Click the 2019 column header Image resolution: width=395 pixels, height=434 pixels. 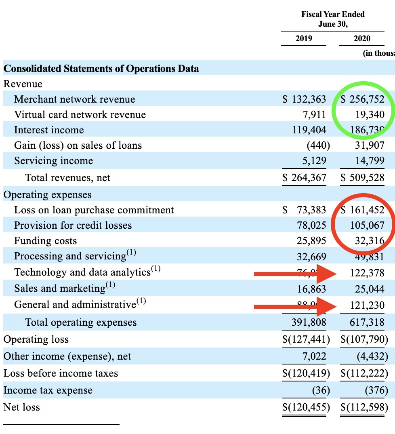pos(304,39)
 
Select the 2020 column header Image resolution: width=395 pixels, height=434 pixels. pos(362,39)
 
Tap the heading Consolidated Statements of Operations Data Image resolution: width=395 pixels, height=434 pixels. pos(101,68)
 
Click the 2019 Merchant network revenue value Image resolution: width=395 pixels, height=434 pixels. pos(304,99)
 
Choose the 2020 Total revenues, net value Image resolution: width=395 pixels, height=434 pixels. pos(362,178)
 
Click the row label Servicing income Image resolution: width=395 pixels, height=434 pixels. pos(53,161)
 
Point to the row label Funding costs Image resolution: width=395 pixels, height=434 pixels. pos(45,241)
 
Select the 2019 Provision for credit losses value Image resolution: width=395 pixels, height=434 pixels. pos(311,225)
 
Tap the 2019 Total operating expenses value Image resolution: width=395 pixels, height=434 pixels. pos(309,322)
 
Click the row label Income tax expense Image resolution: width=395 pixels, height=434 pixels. pos(48,390)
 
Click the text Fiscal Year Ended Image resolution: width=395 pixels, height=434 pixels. pos(333,14)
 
